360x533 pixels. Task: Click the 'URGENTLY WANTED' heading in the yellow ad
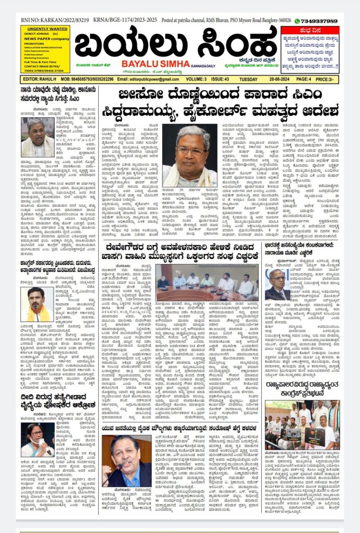click(x=45, y=29)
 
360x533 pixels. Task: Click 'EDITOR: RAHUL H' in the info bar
click(x=39, y=79)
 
